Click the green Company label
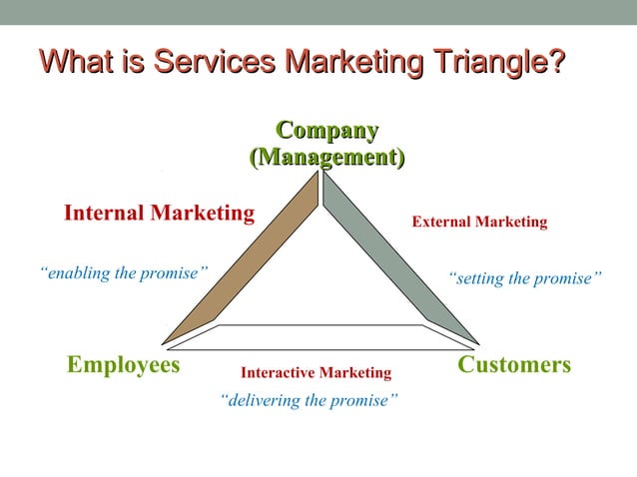[326, 131]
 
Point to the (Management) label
[326, 158]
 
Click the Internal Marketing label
[159, 213]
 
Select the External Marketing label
[479, 222]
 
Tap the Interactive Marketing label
[316, 372]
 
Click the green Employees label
[123, 365]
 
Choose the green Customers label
[513, 365]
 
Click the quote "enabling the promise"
[124, 272]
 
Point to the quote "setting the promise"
[524, 278]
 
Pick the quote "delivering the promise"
[309, 400]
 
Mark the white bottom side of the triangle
[319, 337]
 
